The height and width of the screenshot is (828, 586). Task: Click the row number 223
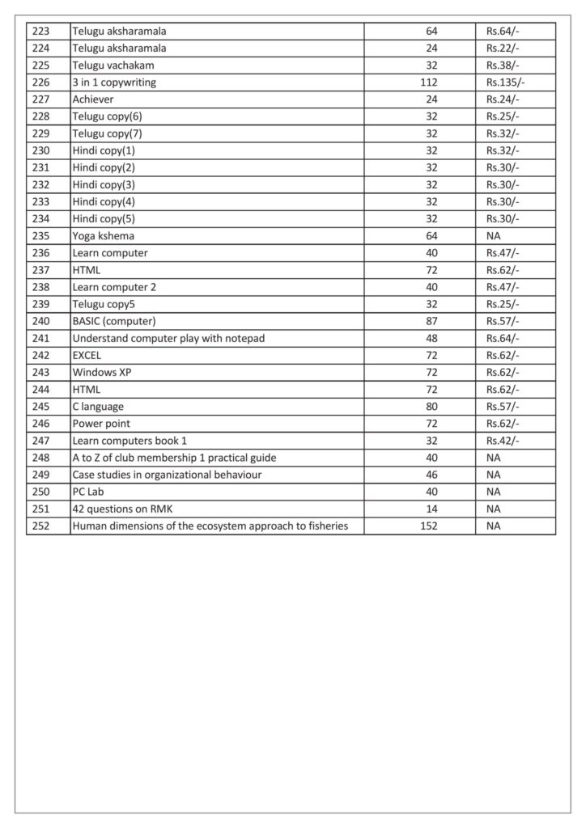39,32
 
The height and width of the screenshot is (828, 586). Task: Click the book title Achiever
94,99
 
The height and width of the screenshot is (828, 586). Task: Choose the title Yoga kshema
103,235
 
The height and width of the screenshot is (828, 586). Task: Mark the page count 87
431,321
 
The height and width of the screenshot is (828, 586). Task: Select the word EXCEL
87,355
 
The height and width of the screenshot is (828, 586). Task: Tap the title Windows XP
102,372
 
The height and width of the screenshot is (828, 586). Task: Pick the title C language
98,406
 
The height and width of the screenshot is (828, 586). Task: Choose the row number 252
39,526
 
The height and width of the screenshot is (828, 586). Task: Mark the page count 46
431,474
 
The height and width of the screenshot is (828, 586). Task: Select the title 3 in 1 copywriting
114,82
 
